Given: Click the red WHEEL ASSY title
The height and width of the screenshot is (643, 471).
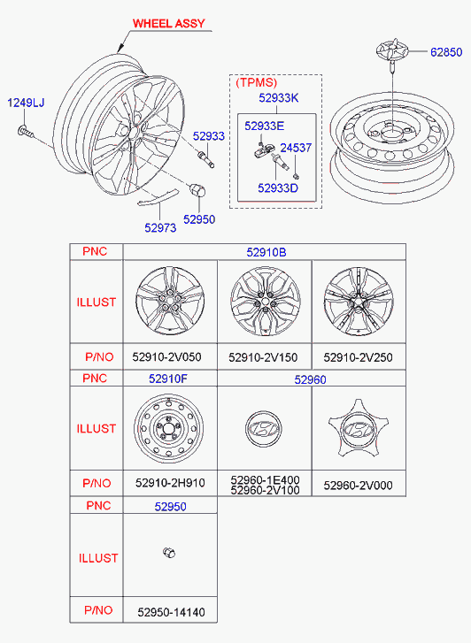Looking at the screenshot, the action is [x=168, y=23].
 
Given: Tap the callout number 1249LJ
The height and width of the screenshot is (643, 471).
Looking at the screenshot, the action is [x=26, y=103].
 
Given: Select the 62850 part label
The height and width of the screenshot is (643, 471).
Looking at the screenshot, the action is [x=446, y=52].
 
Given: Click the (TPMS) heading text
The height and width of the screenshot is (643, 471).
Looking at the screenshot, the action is [x=256, y=82].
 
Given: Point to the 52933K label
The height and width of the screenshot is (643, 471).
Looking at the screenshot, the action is [x=278, y=98].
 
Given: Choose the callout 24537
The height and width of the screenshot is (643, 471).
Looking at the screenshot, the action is [x=296, y=148].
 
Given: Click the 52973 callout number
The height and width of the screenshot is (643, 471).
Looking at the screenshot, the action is [x=160, y=227].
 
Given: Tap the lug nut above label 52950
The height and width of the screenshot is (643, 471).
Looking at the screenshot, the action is [x=197, y=190].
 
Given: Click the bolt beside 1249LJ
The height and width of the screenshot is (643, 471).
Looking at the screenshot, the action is [x=26, y=131].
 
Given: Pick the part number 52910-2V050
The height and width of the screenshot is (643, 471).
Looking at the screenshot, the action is [x=166, y=356].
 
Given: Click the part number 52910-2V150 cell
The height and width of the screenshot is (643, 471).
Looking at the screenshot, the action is [x=263, y=357].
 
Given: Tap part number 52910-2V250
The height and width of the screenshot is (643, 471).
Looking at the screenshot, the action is [x=358, y=357].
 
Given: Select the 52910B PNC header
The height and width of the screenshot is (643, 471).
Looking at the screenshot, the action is [x=266, y=252].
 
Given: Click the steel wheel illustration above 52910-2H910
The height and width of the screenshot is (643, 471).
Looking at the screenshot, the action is [x=168, y=429].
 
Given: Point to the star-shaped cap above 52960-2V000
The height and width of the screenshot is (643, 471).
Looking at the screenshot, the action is [x=359, y=429].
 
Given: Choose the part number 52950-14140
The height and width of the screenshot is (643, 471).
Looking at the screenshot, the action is [x=171, y=612].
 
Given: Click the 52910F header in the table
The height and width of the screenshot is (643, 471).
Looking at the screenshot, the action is [x=168, y=379].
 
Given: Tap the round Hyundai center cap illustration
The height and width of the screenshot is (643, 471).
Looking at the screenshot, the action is [x=263, y=429].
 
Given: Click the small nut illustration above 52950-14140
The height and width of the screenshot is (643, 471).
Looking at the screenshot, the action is [x=169, y=553].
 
